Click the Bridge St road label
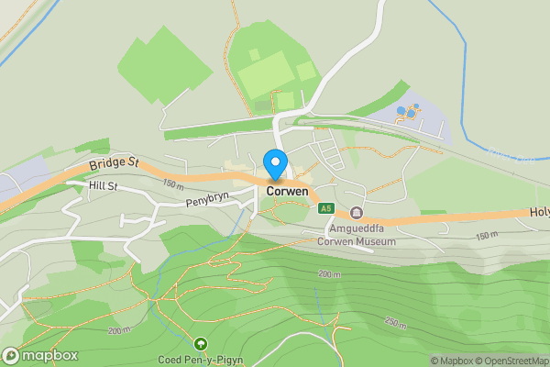114,163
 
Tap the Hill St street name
104,186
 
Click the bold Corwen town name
288,191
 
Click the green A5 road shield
326,208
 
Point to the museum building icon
357,213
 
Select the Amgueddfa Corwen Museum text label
357,235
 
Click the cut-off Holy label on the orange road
539,212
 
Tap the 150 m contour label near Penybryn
167,185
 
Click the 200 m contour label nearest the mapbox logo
119,330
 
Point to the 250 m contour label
395,322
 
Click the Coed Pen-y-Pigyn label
200,360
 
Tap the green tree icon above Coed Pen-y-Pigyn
201,344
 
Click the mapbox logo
40,356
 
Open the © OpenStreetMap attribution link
512,361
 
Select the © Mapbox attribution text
451,361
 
